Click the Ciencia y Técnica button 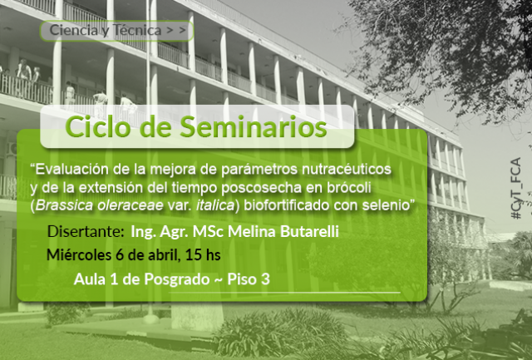[116, 31]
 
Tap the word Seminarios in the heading [253, 127]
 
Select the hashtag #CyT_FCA [516, 188]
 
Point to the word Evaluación [72, 169]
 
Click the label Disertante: [86, 231]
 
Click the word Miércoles [79, 254]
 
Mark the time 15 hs [203, 254]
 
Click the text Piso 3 [249, 279]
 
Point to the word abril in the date [164, 255]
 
